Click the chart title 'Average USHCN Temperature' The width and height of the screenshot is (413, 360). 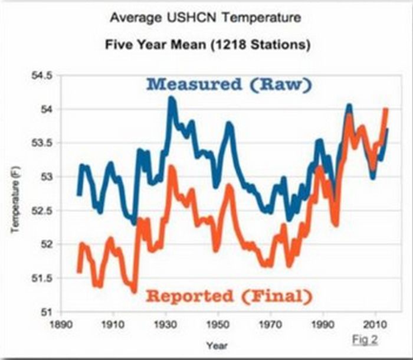(205, 18)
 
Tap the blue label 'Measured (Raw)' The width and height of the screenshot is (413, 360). (228, 84)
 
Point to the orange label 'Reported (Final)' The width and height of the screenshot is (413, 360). (228, 294)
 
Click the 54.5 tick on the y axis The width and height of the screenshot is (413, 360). (45, 76)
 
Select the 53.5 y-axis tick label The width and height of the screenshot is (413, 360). (45, 143)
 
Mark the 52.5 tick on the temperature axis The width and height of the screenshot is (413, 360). (45, 211)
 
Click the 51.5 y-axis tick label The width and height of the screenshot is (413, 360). (45, 278)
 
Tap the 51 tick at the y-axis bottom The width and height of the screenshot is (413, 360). (49, 312)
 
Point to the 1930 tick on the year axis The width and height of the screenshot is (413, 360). (165, 325)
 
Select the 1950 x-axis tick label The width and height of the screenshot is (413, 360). (217, 325)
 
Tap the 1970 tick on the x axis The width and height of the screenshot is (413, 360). (270, 325)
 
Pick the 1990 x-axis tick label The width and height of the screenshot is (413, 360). (322, 325)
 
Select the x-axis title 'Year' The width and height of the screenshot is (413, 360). (217, 345)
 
